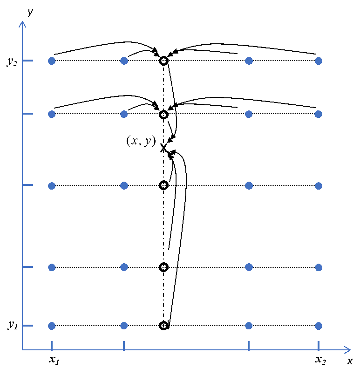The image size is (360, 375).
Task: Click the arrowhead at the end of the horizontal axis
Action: tap(349, 349)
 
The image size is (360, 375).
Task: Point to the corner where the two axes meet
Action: tap(22, 349)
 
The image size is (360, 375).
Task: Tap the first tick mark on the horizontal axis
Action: tap(52, 345)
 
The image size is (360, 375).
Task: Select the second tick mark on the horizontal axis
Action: tap(124, 345)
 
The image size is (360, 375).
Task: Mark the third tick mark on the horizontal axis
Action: tap(249, 345)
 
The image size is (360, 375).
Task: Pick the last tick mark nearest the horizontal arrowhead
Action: tap(319, 345)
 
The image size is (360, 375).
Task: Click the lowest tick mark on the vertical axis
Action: tap(28, 326)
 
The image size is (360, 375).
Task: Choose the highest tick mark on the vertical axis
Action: tap(28, 61)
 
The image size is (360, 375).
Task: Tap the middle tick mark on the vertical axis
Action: tap(28, 185)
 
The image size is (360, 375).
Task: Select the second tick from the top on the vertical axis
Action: tap(28, 114)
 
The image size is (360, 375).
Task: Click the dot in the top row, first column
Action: tap(52, 61)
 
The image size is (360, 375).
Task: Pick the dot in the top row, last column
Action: tap(319, 61)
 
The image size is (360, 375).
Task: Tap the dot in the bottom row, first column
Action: tap(52, 326)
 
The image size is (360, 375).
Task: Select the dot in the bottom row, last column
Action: tap(319, 326)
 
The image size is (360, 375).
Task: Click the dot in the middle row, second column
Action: tap(124, 185)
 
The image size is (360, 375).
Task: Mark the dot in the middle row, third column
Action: tap(249, 185)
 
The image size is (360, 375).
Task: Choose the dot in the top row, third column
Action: tap(249, 61)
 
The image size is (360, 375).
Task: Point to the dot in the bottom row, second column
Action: tap(124, 326)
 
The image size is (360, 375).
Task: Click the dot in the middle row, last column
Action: tap(319, 186)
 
